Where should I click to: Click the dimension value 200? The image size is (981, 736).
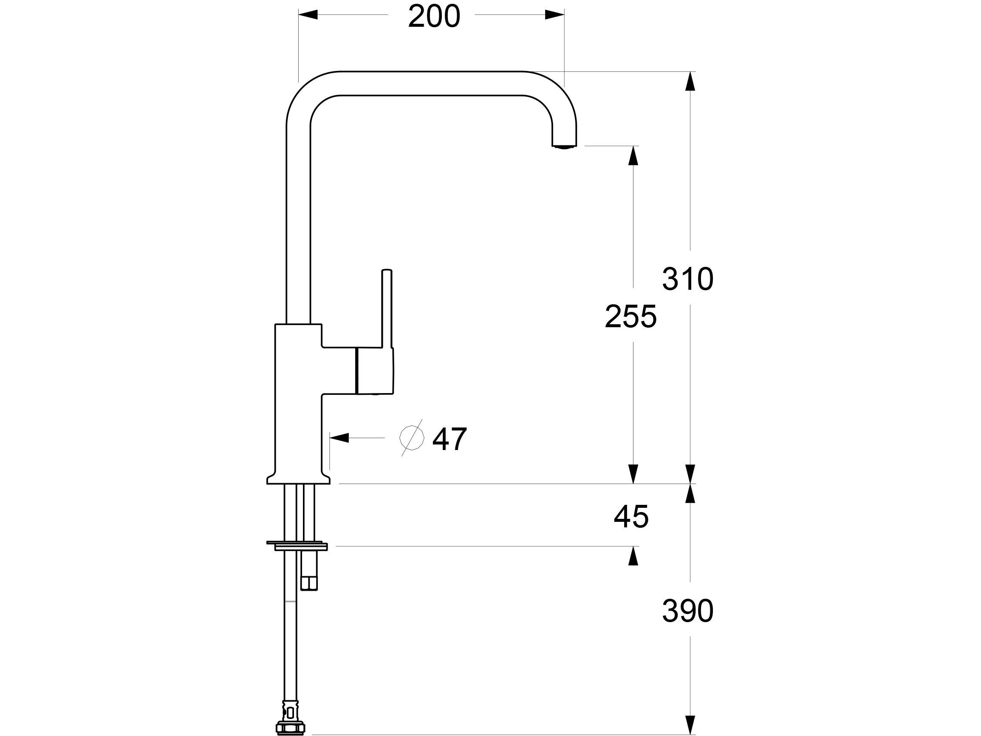[434, 17]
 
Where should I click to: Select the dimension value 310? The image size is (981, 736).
[687, 280]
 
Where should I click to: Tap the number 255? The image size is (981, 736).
[630, 317]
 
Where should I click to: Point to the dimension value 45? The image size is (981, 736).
[630, 516]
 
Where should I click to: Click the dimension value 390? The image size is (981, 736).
[687, 611]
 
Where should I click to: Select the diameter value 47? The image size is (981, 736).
[449, 439]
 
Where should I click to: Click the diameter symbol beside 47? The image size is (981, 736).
[411, 437]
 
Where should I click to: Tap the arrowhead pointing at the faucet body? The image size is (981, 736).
[339, 438]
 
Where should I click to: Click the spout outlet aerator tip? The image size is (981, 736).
[564, 145]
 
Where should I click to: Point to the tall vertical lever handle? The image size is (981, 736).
[387, 306]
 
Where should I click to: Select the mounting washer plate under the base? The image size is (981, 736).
[297, 544]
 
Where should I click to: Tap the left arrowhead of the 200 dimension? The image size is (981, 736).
[308, 14]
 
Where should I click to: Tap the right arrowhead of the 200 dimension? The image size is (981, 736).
[554, 14]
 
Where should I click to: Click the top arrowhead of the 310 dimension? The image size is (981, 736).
[690, 81]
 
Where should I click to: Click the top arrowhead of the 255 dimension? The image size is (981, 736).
[633, 156]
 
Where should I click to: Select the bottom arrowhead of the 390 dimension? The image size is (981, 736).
[690, 724]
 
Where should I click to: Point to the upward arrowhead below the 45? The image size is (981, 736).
[633, 556]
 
